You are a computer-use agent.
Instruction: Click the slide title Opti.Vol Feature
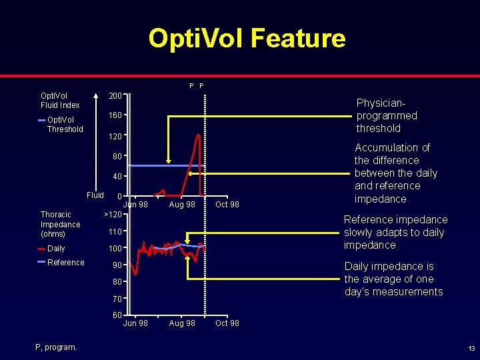point(247,39)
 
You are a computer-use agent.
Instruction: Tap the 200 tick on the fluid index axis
point(115,96)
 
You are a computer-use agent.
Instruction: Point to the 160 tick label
point(115,116)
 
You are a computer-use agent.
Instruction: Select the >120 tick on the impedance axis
point(113,215)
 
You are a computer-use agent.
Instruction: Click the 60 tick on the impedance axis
point(117,315)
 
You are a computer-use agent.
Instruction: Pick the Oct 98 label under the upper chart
point(227,205)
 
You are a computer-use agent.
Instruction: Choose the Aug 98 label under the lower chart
point(182,323)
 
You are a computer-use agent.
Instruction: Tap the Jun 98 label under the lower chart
point(136,323)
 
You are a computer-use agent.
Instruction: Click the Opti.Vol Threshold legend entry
point(65,125)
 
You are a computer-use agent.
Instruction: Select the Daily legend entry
point(56,249)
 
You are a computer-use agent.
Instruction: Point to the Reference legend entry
point(65,263)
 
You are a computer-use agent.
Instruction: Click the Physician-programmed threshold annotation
point(387,115)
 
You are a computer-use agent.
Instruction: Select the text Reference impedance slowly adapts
point(395,232)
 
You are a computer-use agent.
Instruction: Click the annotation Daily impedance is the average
point(393,279)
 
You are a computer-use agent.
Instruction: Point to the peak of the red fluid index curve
point(199,135)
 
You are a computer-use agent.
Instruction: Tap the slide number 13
point(471,349)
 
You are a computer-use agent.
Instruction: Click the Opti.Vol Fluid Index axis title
point(60,100)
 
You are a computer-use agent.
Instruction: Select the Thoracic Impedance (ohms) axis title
point(61,224)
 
